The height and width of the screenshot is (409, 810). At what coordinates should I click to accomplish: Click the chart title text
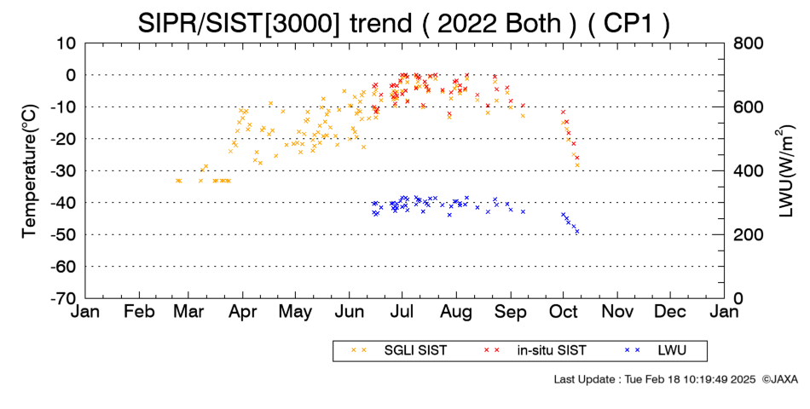[403, 23]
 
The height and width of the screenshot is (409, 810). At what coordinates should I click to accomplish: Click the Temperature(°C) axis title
[30, 171]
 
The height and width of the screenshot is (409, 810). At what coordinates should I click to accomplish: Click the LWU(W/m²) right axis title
[784, 171]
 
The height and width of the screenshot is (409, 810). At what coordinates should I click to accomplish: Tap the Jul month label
[402, 312]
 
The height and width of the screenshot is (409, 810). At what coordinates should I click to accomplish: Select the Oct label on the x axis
[563, 312]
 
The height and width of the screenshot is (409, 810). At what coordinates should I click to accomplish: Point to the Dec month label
[670, 312]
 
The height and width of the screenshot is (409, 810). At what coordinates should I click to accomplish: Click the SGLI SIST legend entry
[399, 351]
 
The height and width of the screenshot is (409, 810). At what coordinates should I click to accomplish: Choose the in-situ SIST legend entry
[535, 351]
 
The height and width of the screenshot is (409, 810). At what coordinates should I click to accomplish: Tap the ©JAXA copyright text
[779, 379]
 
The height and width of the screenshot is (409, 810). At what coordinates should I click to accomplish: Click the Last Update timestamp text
[655, 379]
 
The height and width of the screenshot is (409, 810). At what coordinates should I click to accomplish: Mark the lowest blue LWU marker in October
[577, 232]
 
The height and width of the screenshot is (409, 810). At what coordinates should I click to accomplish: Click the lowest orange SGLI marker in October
[577, 165]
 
